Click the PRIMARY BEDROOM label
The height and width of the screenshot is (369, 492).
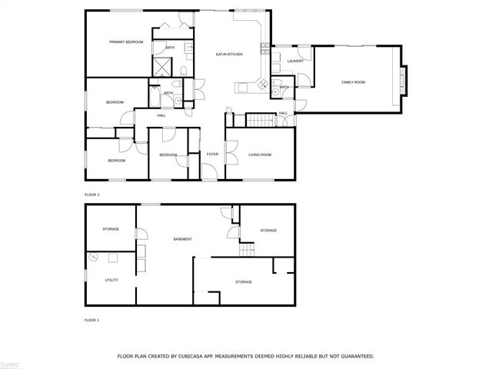(126, 42)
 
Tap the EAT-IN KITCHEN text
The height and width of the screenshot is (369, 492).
(229, 54)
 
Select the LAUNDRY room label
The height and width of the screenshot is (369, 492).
(295, 61)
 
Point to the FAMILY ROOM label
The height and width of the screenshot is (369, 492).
(354, 81)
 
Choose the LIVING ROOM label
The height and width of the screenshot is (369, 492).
(260, 155)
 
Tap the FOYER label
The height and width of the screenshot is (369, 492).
(212, 155)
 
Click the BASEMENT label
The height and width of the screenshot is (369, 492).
(182, 239)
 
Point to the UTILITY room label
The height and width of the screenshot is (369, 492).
(111, 280)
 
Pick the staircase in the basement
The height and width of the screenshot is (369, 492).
(247, 250)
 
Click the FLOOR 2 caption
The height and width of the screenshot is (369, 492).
(93, 194)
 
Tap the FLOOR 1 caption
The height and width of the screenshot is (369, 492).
(93, 319)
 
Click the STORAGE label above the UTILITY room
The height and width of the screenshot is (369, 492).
(111, 229)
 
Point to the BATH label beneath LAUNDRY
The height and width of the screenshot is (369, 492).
(284, 87)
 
